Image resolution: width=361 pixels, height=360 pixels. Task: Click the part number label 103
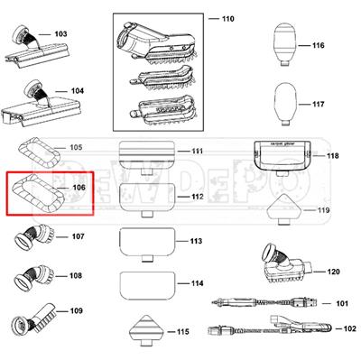pyautogui.click(x=60, y=34)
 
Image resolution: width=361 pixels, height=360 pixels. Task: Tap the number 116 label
pyautogui.click(x=318, y=45)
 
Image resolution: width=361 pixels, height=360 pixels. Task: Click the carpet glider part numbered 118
pyautogui.click(x=284, y=156)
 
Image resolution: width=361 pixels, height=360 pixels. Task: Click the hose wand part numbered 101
pyautogui.click(x=262, y=303)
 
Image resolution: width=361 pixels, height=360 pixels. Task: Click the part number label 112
pyautogui.click(x=196, y=196)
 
